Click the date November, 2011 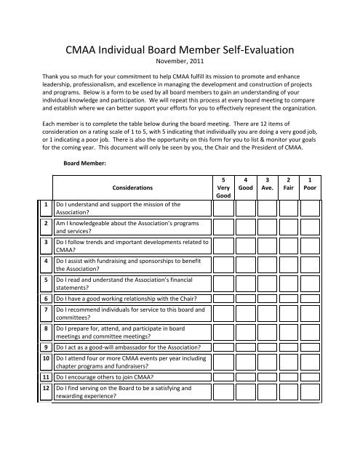(180, 65)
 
